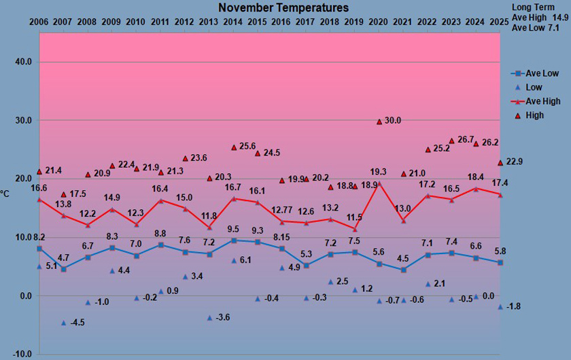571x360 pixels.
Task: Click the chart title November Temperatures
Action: click(283, 8)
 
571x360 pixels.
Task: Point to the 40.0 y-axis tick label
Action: click(24, 62)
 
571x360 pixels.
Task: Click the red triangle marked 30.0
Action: click(379, 122)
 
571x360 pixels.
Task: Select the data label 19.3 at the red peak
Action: click(378, 172)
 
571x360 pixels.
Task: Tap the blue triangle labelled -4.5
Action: click(64, 323)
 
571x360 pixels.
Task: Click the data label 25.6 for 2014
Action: click(247, 147)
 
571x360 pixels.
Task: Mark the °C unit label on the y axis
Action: click(5, 194)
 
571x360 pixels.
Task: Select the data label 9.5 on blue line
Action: click(232, 229)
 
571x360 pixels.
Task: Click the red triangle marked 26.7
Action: click(451, 141)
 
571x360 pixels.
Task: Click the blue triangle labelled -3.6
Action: click(210, 317)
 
